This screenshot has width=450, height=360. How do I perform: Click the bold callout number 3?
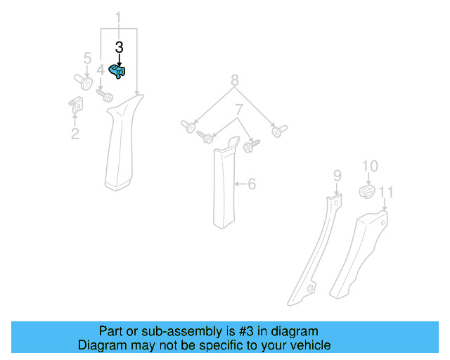119,47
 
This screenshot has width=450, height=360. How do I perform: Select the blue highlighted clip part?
119,71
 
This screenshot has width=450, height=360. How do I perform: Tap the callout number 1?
118,17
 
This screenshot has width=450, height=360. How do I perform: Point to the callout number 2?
75,134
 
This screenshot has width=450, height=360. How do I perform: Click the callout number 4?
101,70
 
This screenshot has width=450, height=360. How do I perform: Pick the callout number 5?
87,58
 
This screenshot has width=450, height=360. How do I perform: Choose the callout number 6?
252,184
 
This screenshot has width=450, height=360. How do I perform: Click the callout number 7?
239,110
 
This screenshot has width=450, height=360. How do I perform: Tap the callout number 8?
235,81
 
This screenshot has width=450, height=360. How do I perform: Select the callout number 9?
337,174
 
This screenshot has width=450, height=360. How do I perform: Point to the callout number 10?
370,166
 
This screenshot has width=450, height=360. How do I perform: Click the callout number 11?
385,191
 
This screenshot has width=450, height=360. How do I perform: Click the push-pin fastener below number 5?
84,82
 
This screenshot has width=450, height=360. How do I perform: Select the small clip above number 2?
75,105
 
